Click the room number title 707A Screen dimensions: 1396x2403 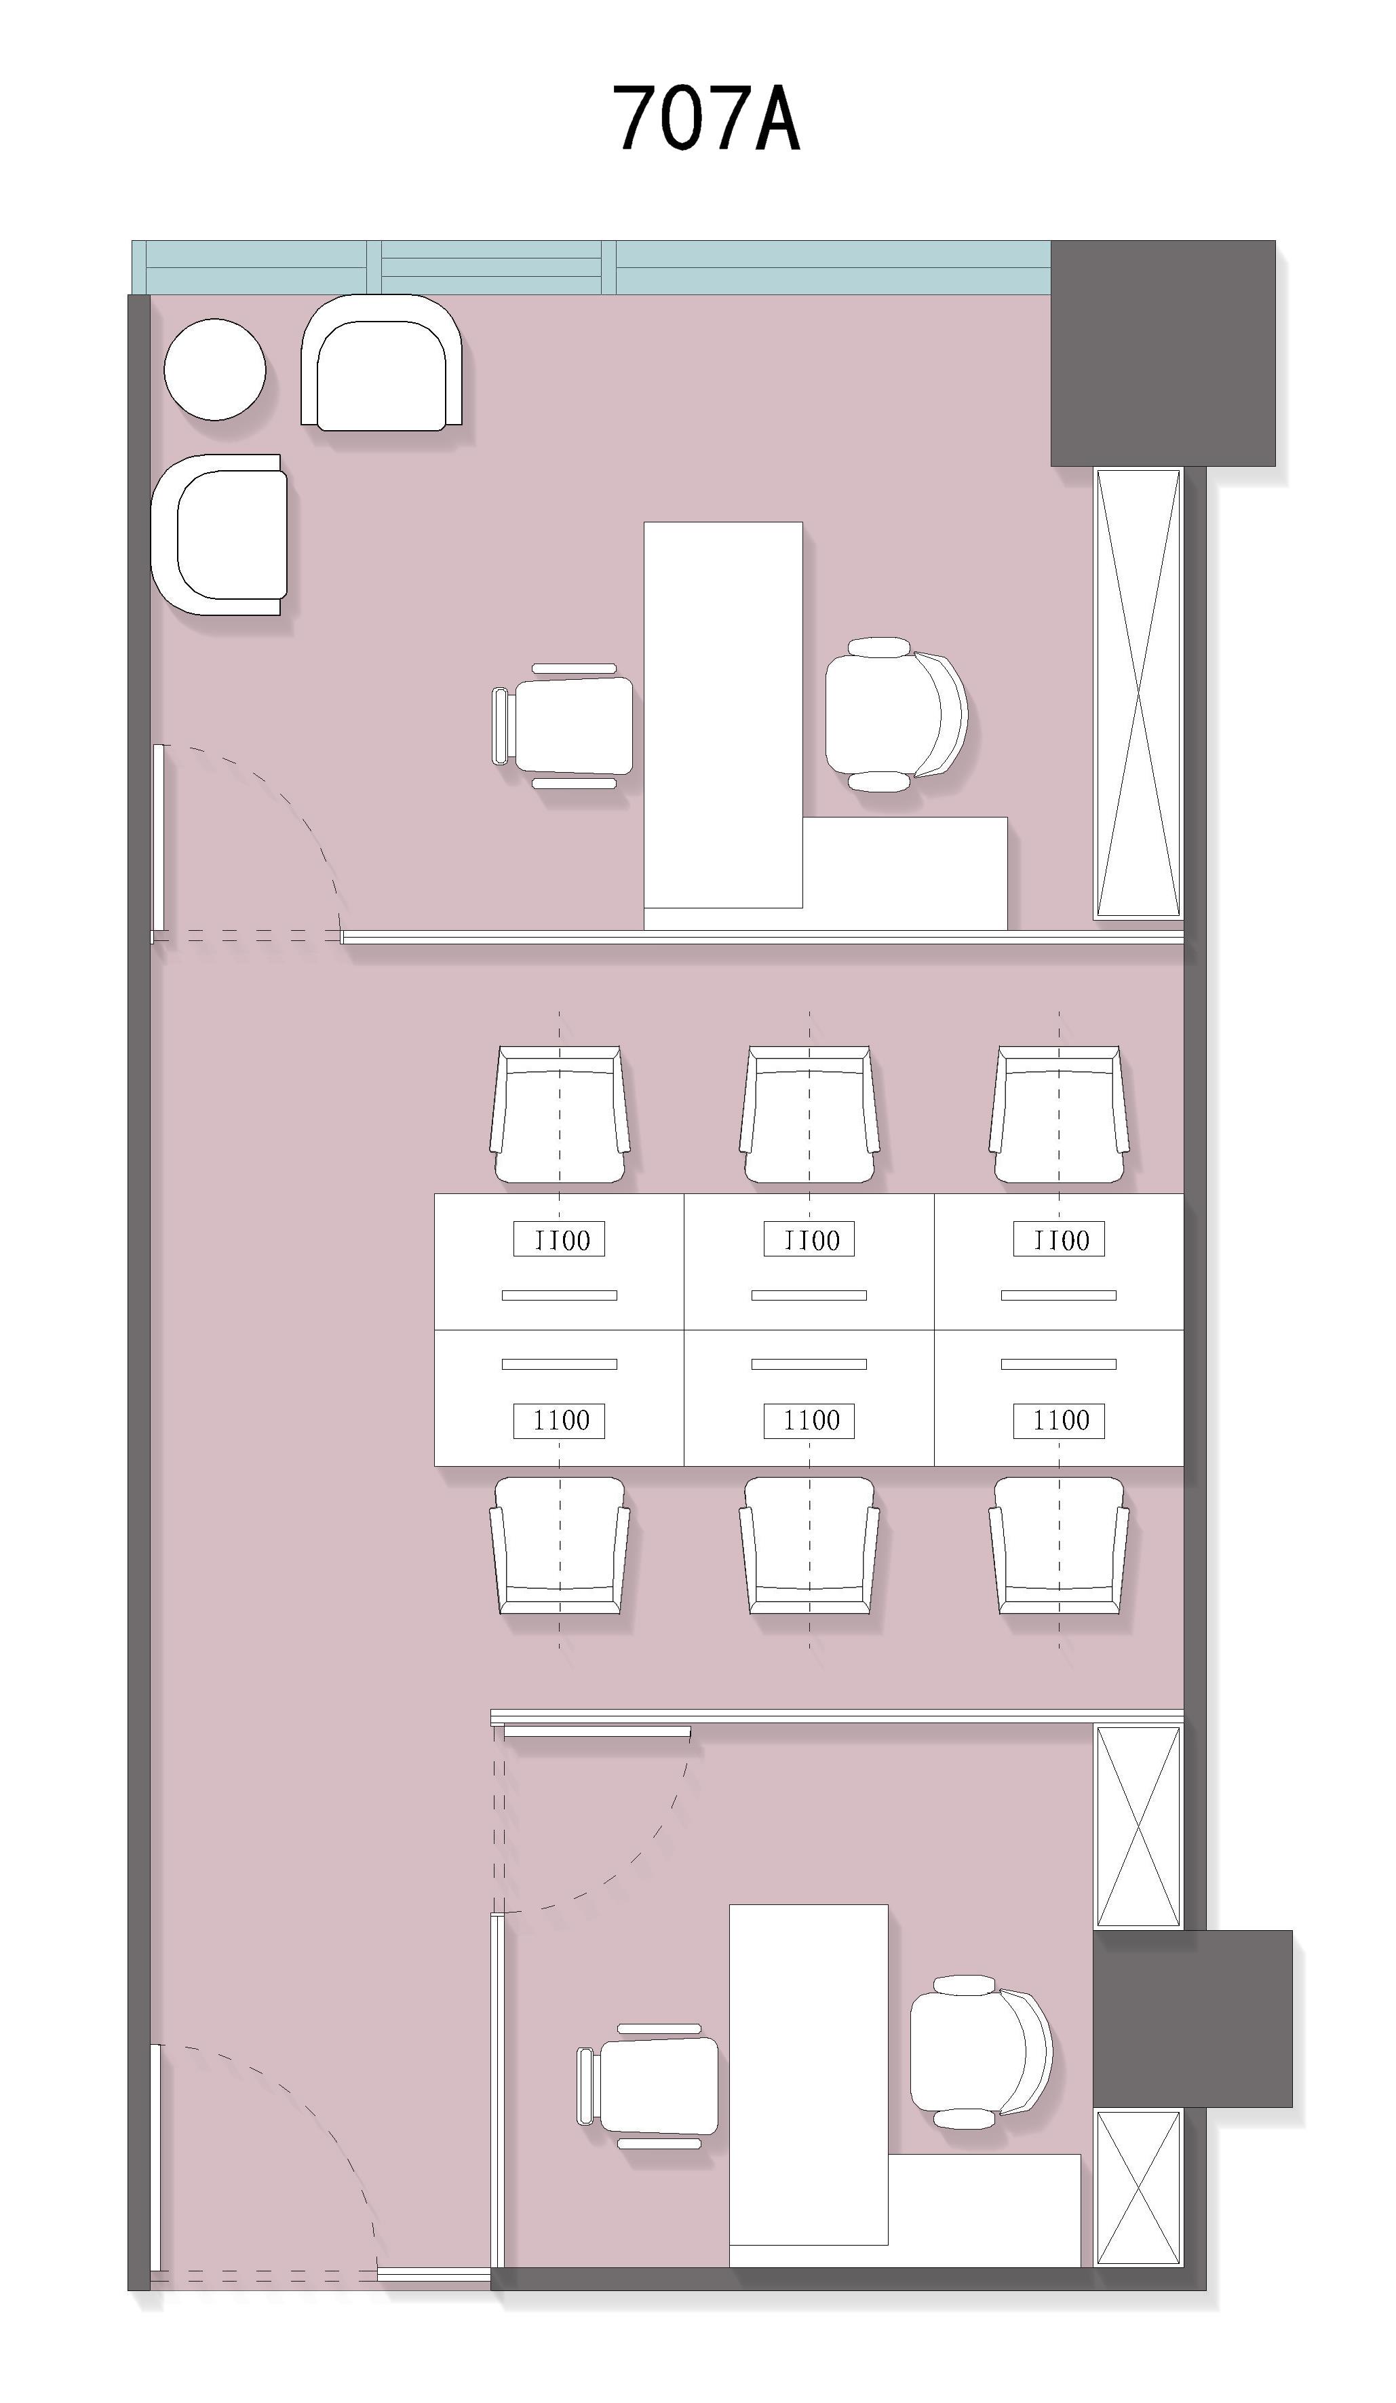(x=705, y=118)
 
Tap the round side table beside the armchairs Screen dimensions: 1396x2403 (x=214, y=369)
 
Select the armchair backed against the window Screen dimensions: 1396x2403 (x=381, y=362)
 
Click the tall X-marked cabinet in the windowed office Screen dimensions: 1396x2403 (x=1138, y=693)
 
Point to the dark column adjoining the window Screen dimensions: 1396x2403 (x=1163, y=353)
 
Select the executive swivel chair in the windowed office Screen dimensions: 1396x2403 (x=896, y=714)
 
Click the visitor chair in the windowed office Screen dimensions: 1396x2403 (x=562, y=726)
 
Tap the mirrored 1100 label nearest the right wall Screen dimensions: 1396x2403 (x=1058, y=1239)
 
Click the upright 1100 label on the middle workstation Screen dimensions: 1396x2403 (x=809, y=1421)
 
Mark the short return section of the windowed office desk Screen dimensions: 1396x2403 (x=904, y=872)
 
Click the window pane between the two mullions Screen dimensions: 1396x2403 (x=491, y=267)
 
